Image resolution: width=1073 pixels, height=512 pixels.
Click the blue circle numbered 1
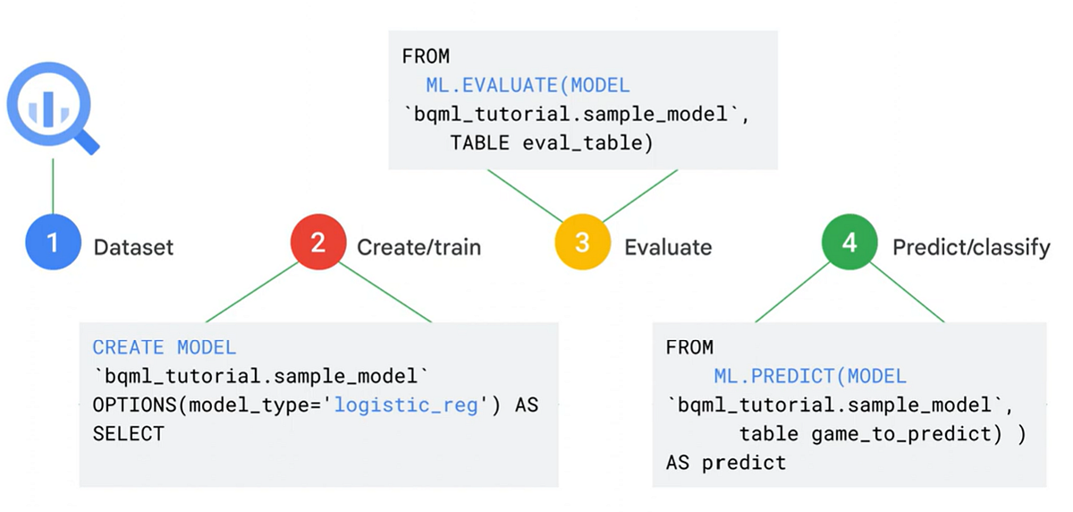tap(52, 243)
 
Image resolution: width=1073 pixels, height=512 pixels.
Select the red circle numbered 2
tap(317, 243)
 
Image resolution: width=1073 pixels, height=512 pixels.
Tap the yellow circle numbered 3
tap(581, 243)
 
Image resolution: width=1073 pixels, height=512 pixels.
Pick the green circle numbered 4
tap(849, 243)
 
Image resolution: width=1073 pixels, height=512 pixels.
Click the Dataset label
tap(133, 247)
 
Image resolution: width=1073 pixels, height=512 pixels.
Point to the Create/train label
tap(418, 247)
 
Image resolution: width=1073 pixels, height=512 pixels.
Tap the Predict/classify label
tap(971, 247)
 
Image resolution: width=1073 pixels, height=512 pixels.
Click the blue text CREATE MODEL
tap(164, 347)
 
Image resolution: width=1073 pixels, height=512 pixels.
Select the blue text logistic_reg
tap(408, 405)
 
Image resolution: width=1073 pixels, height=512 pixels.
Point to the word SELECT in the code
tap(129, 433)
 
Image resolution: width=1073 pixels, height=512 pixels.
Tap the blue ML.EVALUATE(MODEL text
tap(528, 85)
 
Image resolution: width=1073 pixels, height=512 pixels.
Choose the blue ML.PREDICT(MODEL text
tap(809, 376)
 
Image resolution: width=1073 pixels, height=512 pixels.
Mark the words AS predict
tap(725, 463)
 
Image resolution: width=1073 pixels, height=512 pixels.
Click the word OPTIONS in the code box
tap(134, 405)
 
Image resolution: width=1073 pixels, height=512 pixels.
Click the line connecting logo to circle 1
tap(53, 188)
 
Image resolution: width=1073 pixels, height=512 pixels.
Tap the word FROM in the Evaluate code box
tap(426, 56)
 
